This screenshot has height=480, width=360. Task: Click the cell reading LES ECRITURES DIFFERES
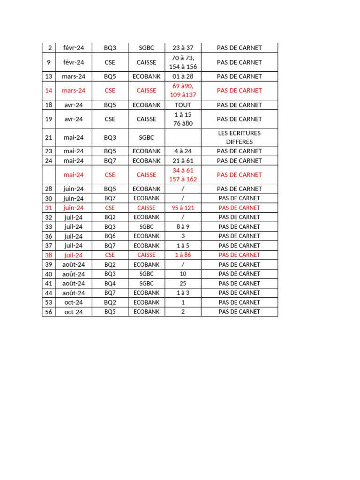coord(239,137)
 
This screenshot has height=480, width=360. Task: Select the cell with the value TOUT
coord(183,105)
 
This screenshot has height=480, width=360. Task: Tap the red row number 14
coord(49,90)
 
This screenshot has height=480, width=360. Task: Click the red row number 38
coord(49,255)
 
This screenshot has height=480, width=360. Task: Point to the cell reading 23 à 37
coord(183,48)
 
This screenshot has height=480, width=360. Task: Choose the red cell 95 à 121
coord(183,208)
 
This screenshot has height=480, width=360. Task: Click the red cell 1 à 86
coord(183,255)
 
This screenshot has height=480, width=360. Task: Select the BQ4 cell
coord(110,283)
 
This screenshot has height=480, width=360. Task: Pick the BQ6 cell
coord(110,236)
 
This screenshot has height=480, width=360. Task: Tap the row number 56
coord(49,312)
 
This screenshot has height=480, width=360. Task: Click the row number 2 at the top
coord(49,48)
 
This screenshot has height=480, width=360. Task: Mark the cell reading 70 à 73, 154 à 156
coord(183,62)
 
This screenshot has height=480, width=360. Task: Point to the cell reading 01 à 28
coord(183,76)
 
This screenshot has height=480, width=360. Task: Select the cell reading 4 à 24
coord(183,151)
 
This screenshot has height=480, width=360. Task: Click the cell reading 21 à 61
coord(183,161)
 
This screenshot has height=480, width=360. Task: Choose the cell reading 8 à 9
coord(183,227)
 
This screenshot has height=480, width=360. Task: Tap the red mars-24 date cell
coord(74,90)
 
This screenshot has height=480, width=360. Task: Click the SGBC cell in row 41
coord(146,283)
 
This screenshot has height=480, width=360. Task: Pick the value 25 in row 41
coord(183,283)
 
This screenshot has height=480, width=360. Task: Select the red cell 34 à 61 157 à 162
coord(183,174)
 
